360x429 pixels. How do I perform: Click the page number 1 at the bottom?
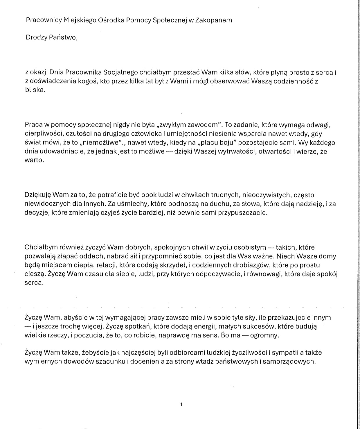coord(181,404)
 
